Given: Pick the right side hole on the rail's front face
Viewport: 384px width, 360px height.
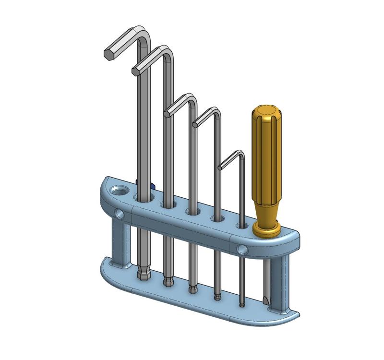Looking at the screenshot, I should tap(243, 250).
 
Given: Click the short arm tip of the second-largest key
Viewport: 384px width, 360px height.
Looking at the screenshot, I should tap(137, 70).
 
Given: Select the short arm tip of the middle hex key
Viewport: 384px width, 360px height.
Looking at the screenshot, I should tap(168, 113).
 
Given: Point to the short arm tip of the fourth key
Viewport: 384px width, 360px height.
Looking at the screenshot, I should tap(196, 124).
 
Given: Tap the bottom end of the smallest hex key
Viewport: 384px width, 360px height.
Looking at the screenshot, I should tap(242, 304).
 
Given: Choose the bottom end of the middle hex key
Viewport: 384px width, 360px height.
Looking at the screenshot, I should tap(192, 289).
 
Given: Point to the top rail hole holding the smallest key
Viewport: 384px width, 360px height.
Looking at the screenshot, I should tap(240, 225).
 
